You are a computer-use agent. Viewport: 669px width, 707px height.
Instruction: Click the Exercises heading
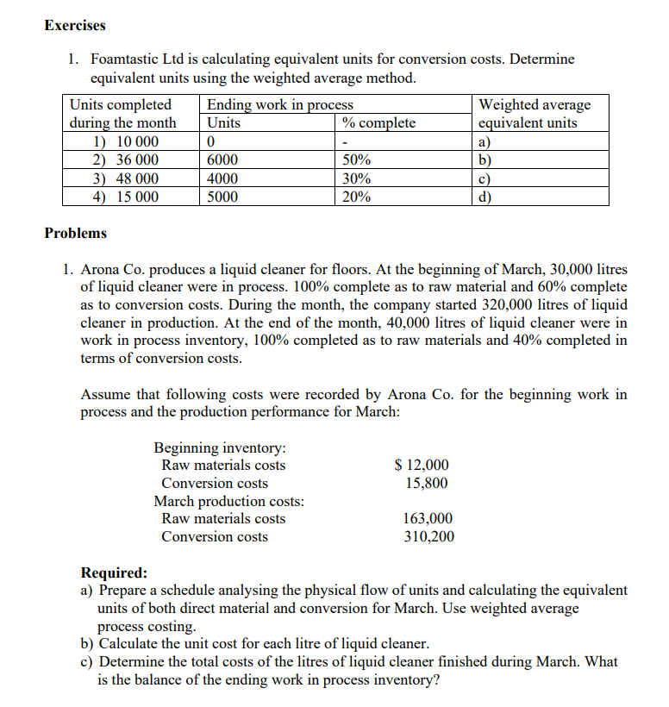tap(75, 25)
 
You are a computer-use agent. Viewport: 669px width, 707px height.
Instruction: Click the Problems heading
tap(75, 233)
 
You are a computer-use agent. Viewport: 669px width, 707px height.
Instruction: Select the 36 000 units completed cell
tap(126, 160)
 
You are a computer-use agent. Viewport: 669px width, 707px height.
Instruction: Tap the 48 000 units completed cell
tap(126, 178)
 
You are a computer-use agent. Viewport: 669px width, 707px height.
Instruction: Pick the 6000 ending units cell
tap(223, 160)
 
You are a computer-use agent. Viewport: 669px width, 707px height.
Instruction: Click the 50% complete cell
tap(357, 160)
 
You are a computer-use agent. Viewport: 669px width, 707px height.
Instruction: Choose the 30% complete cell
tap(357, 178)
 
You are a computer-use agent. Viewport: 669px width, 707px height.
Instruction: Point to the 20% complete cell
tap(357, 197)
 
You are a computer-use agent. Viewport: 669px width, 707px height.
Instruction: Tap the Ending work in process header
tap(280, 105)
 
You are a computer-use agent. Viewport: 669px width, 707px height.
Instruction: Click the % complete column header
tap(378, 123)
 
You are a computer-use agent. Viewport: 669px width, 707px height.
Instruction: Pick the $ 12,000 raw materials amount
tap(421, 466)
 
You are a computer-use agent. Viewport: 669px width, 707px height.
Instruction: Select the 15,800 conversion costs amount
tap(427, 483)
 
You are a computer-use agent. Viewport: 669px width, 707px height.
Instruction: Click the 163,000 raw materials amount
tap(428, 519)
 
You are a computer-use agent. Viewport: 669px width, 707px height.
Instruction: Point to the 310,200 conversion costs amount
tap(428, 537)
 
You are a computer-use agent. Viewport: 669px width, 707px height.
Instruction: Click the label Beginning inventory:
tap(220, 447)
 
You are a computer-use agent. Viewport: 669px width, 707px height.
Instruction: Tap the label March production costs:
tap(228, 501)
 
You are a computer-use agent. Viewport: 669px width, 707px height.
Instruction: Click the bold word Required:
tap(113, 572)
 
